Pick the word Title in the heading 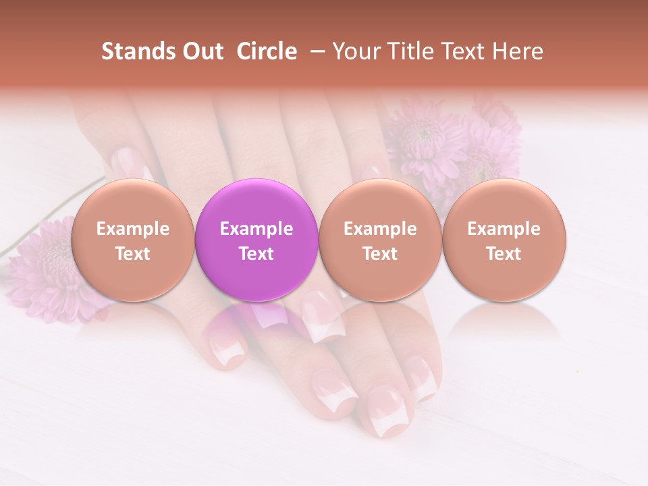tap(407, 51)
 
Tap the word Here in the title tap(517, 51)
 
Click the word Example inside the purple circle tap(256, 229)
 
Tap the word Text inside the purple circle tap(256, 254)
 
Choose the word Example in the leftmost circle tap(133, 229)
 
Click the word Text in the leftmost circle tap(133, 254)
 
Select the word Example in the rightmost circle tap(504, 229)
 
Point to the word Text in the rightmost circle tap(504, 254)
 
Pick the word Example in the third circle tap(380, 229)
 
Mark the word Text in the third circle tap(380, 254)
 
